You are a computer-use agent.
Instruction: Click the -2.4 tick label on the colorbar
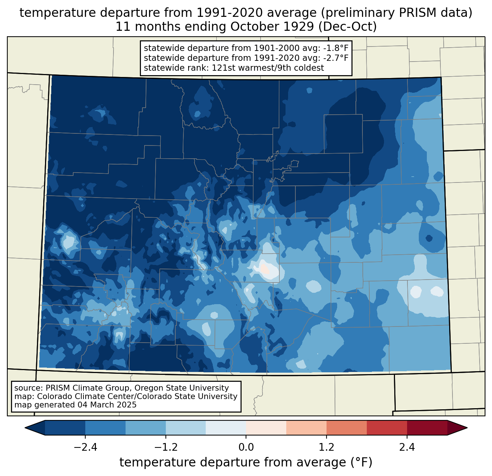tap(85, 447)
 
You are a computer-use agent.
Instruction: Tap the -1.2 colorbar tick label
tap(166, 447)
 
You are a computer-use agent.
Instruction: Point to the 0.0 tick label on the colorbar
tap(246, 447)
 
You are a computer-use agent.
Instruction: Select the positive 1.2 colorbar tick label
tap(327, 447)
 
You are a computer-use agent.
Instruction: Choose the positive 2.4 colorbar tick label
tap(407, 447)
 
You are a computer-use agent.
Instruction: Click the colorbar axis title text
tap(246, 462)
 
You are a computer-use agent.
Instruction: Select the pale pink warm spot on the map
tap(265, 269)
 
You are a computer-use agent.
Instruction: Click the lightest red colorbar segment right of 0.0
tap(266, 428)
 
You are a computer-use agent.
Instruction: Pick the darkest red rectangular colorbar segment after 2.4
tap(427, 428)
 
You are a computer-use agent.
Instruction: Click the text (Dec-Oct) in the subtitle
tap(347, 27)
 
